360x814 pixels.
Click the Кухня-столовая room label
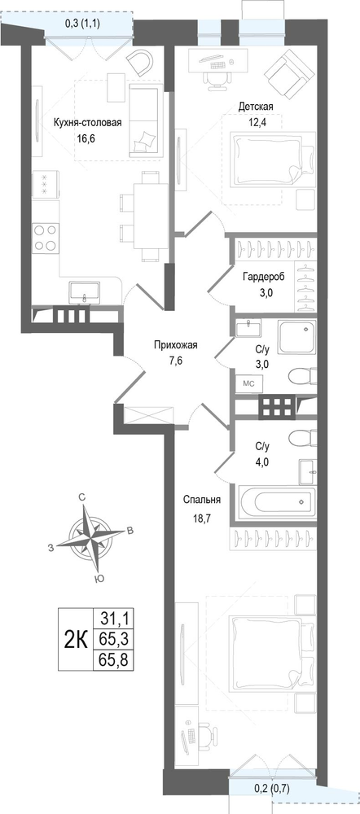click(x=88, y=123)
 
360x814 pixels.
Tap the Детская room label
click(x=256, y=107)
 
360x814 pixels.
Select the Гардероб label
click(x=263, y=278)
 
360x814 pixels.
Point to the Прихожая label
click(x=176, y=344)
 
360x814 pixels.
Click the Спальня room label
click(x=202, y=500)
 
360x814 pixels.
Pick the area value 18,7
click(x=202, y=518)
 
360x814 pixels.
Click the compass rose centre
click(x=93, y=536)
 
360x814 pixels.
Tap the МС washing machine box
click(x=249, y=383)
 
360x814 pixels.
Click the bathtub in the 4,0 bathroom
click(x=278, y=501)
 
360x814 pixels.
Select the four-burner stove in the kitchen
click(x=45, y=238)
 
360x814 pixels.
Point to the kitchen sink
click(x=85, y=292)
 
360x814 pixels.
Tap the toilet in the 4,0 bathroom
click(x=301, y=438)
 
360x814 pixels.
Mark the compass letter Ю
click(x=97, y=579)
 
